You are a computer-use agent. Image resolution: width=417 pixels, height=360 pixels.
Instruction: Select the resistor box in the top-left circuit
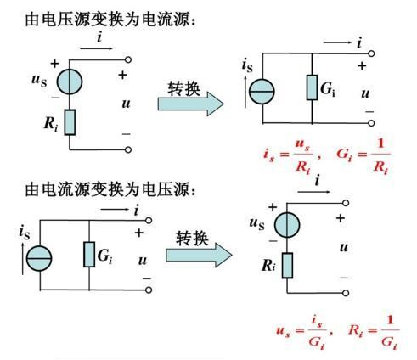tap(69, 122)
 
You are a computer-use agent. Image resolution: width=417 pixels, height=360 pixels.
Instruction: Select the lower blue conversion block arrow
tap(199, 254)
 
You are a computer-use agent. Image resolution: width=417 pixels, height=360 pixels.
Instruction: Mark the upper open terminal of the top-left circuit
tap(127, 60)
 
